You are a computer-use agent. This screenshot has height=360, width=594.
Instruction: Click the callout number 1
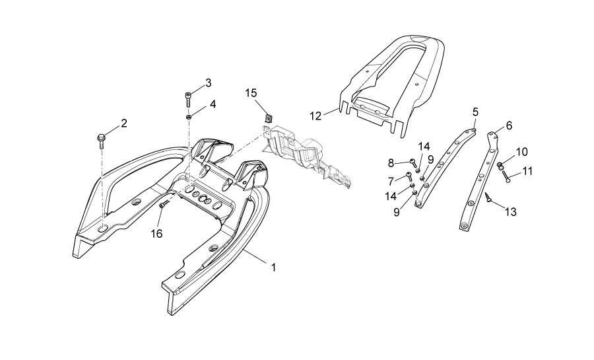click(273, 268)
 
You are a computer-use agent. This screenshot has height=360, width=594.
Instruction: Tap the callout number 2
click(123, 124)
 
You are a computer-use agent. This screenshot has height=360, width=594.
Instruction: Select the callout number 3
click(208, 83)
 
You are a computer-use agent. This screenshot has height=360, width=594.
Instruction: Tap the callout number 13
click(510, 212)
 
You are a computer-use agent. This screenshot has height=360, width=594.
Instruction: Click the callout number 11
click(527, 171)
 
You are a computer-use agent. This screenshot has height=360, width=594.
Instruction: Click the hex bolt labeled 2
click(101, 139)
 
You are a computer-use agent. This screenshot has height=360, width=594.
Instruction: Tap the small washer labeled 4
click(189, 117)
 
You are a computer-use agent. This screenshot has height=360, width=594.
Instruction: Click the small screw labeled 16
click(163, 205)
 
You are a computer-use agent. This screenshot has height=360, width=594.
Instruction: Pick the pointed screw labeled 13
click(488, 196)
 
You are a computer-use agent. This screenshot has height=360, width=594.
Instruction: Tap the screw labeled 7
click(408, 176)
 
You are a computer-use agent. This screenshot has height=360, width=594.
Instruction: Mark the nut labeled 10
click(501, 165)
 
